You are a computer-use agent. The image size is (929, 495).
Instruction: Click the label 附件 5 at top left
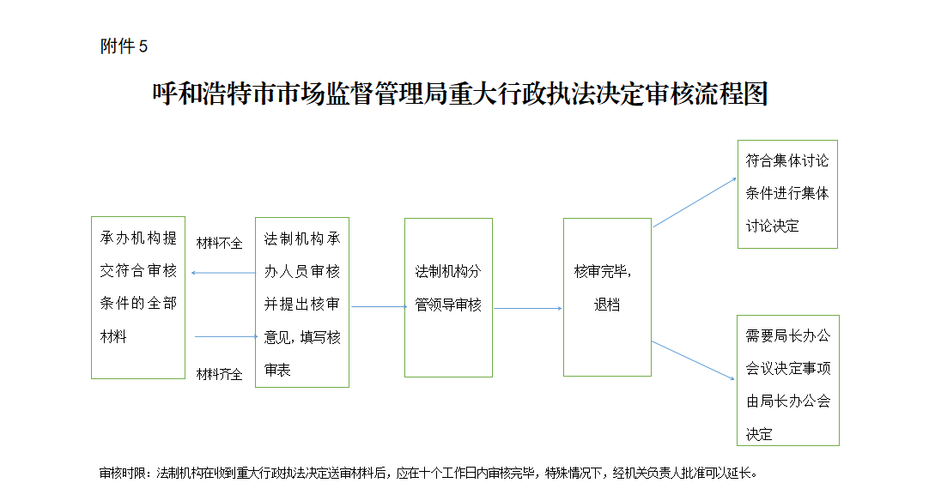coord(124,46)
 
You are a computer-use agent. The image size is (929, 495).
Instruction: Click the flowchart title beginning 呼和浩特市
coord(460,94)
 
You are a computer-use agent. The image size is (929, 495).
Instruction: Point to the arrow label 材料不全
coord(219,244)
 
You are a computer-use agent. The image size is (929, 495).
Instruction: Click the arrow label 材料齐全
coord(219,374)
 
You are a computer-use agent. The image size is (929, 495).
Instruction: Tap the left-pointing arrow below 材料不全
coord(222,273)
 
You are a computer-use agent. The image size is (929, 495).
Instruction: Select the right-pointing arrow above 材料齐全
coord(227,336)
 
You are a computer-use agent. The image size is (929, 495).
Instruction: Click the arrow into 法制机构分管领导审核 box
coord(379,307)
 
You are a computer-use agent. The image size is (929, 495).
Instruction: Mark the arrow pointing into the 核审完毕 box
coord(528,309)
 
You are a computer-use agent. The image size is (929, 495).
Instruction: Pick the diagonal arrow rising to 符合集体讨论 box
coord(695,202)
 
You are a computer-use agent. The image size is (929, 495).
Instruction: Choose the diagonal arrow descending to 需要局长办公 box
coord(693,360)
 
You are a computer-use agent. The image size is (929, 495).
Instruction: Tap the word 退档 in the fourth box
coord(607,305)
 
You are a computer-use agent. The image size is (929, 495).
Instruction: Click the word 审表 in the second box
coord(277,370)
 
